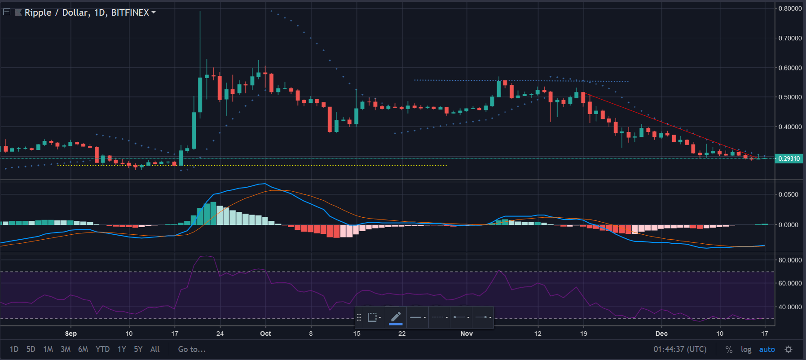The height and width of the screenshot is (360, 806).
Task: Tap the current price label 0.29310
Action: point(789,158)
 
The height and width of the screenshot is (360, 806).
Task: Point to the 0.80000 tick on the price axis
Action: point(790,9)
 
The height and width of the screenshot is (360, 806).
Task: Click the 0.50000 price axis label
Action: point(790,97)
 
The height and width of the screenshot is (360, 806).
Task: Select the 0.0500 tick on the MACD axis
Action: point(788,194)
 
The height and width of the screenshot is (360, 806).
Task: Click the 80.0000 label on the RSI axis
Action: point(790,260)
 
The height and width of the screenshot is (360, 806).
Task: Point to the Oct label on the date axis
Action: point(265,334)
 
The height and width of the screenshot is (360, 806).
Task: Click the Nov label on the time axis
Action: point(467,334)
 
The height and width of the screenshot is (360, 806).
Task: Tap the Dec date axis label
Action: point(661,334)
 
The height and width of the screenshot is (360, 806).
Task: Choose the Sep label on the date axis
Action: point(70,334)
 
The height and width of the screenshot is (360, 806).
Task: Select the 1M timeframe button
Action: point(48,349)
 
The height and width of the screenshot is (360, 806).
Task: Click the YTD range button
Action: point(102,349)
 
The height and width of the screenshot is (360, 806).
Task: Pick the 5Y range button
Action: point(138,349)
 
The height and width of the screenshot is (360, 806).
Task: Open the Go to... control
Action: point(192,349)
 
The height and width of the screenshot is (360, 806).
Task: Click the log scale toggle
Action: point(746,349)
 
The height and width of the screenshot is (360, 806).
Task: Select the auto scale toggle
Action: point(767,349)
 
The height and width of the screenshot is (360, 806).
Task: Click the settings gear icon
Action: point(788,349)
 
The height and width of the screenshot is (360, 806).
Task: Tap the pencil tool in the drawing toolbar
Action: point(396,317)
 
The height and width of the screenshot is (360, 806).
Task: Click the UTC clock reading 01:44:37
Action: point(680,349)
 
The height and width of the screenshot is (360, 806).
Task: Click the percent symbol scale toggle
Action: point(729,349)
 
